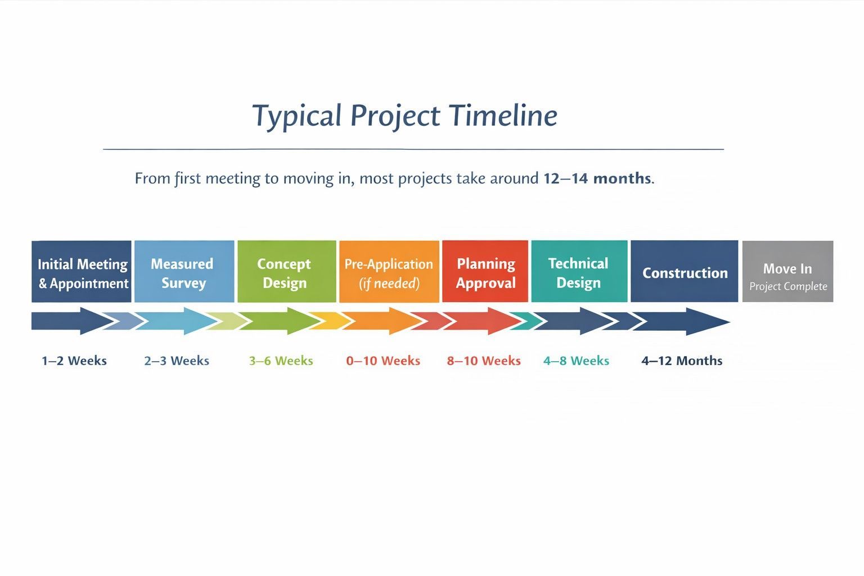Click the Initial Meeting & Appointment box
pyautogui.click(x=82, y=271)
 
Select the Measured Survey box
pyautogui.click(x=184, y=271)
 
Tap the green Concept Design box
pyautogui.click(x=286, y=271)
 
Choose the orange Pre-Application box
pyautogui.click(x=389, y=271)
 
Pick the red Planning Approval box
pyautogui.click(x=485, y=271)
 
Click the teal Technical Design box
pyautogui.click(x=579, y=271)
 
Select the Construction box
pyautogui.click(x=685, y=271)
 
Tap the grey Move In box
pyautogui.click(x=787, y=271)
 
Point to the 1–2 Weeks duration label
pyautogui.click(x=74, y=361)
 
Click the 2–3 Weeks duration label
pyautogui.click(x=177, y=361)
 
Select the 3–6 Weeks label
pyautogui.click(x=281, y=361)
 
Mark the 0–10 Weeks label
pyautogui.click(x=383, y=361)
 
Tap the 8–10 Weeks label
pyautogui.click(x=484, y=361)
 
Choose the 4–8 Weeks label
pyautogui.click(x=576, y=361)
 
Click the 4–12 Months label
pyautogui.click(x=682, y=361)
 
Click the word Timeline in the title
pyautogui.click(x=503, y=115)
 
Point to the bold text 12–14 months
pyautogui.click(x=597, y=178)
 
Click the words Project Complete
pyautogui.click(x=789, y=286)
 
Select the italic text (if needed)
pyautogui.click(x=389, y=283)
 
